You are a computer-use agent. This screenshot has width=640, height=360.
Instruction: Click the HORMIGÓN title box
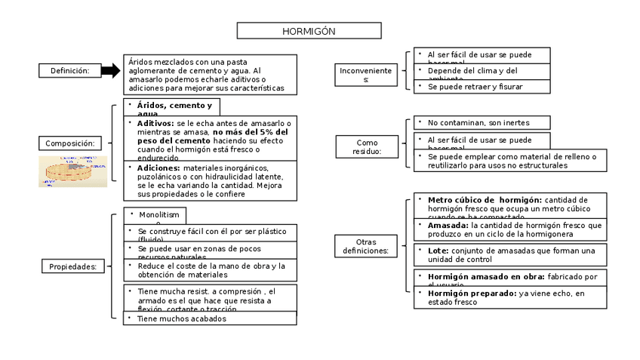point(309,31)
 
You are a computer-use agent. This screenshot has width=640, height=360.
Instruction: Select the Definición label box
point(70,70)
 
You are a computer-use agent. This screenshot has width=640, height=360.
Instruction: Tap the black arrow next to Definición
point(110,70)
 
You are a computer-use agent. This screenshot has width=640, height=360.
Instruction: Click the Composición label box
point(69,143)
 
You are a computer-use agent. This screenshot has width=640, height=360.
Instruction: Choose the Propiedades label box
point(72,266)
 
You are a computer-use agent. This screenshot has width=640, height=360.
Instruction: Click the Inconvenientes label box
point(366,74)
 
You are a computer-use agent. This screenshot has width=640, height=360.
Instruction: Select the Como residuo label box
point(367,146)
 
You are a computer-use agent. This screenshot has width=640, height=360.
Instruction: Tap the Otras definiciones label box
point(365,246)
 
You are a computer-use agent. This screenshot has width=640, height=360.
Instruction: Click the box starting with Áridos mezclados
point(211,74)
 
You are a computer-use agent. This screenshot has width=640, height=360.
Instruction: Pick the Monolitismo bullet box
point(155,216)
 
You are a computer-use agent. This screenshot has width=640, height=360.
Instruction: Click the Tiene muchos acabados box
point(210,318)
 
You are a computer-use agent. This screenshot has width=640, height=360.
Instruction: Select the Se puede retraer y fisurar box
point(482,87)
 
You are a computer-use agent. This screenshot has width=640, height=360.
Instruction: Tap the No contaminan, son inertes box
point(482,122)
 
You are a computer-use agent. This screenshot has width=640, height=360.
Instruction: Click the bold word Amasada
point(448,225)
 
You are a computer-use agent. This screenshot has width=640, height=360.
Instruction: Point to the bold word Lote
point(438,250)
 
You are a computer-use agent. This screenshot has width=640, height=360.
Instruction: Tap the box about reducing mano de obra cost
point(210,270)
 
